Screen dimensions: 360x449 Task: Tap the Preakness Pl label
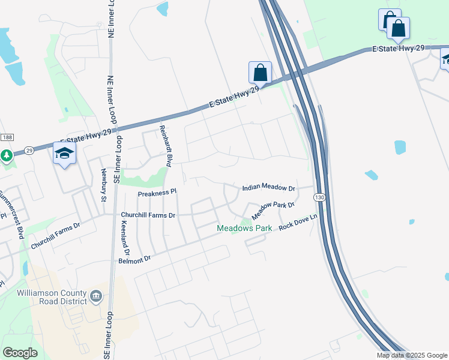(157, 193)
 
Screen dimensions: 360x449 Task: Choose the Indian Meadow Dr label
(269, 188)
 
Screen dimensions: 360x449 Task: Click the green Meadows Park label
(244, 229)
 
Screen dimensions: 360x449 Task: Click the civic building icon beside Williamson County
(95, 296)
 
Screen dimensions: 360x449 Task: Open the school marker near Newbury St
(64, 153)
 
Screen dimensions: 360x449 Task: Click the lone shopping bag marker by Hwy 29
(260, 73)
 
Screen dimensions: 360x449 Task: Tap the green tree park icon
(7, 155)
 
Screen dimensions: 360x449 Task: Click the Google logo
(20, 353)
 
